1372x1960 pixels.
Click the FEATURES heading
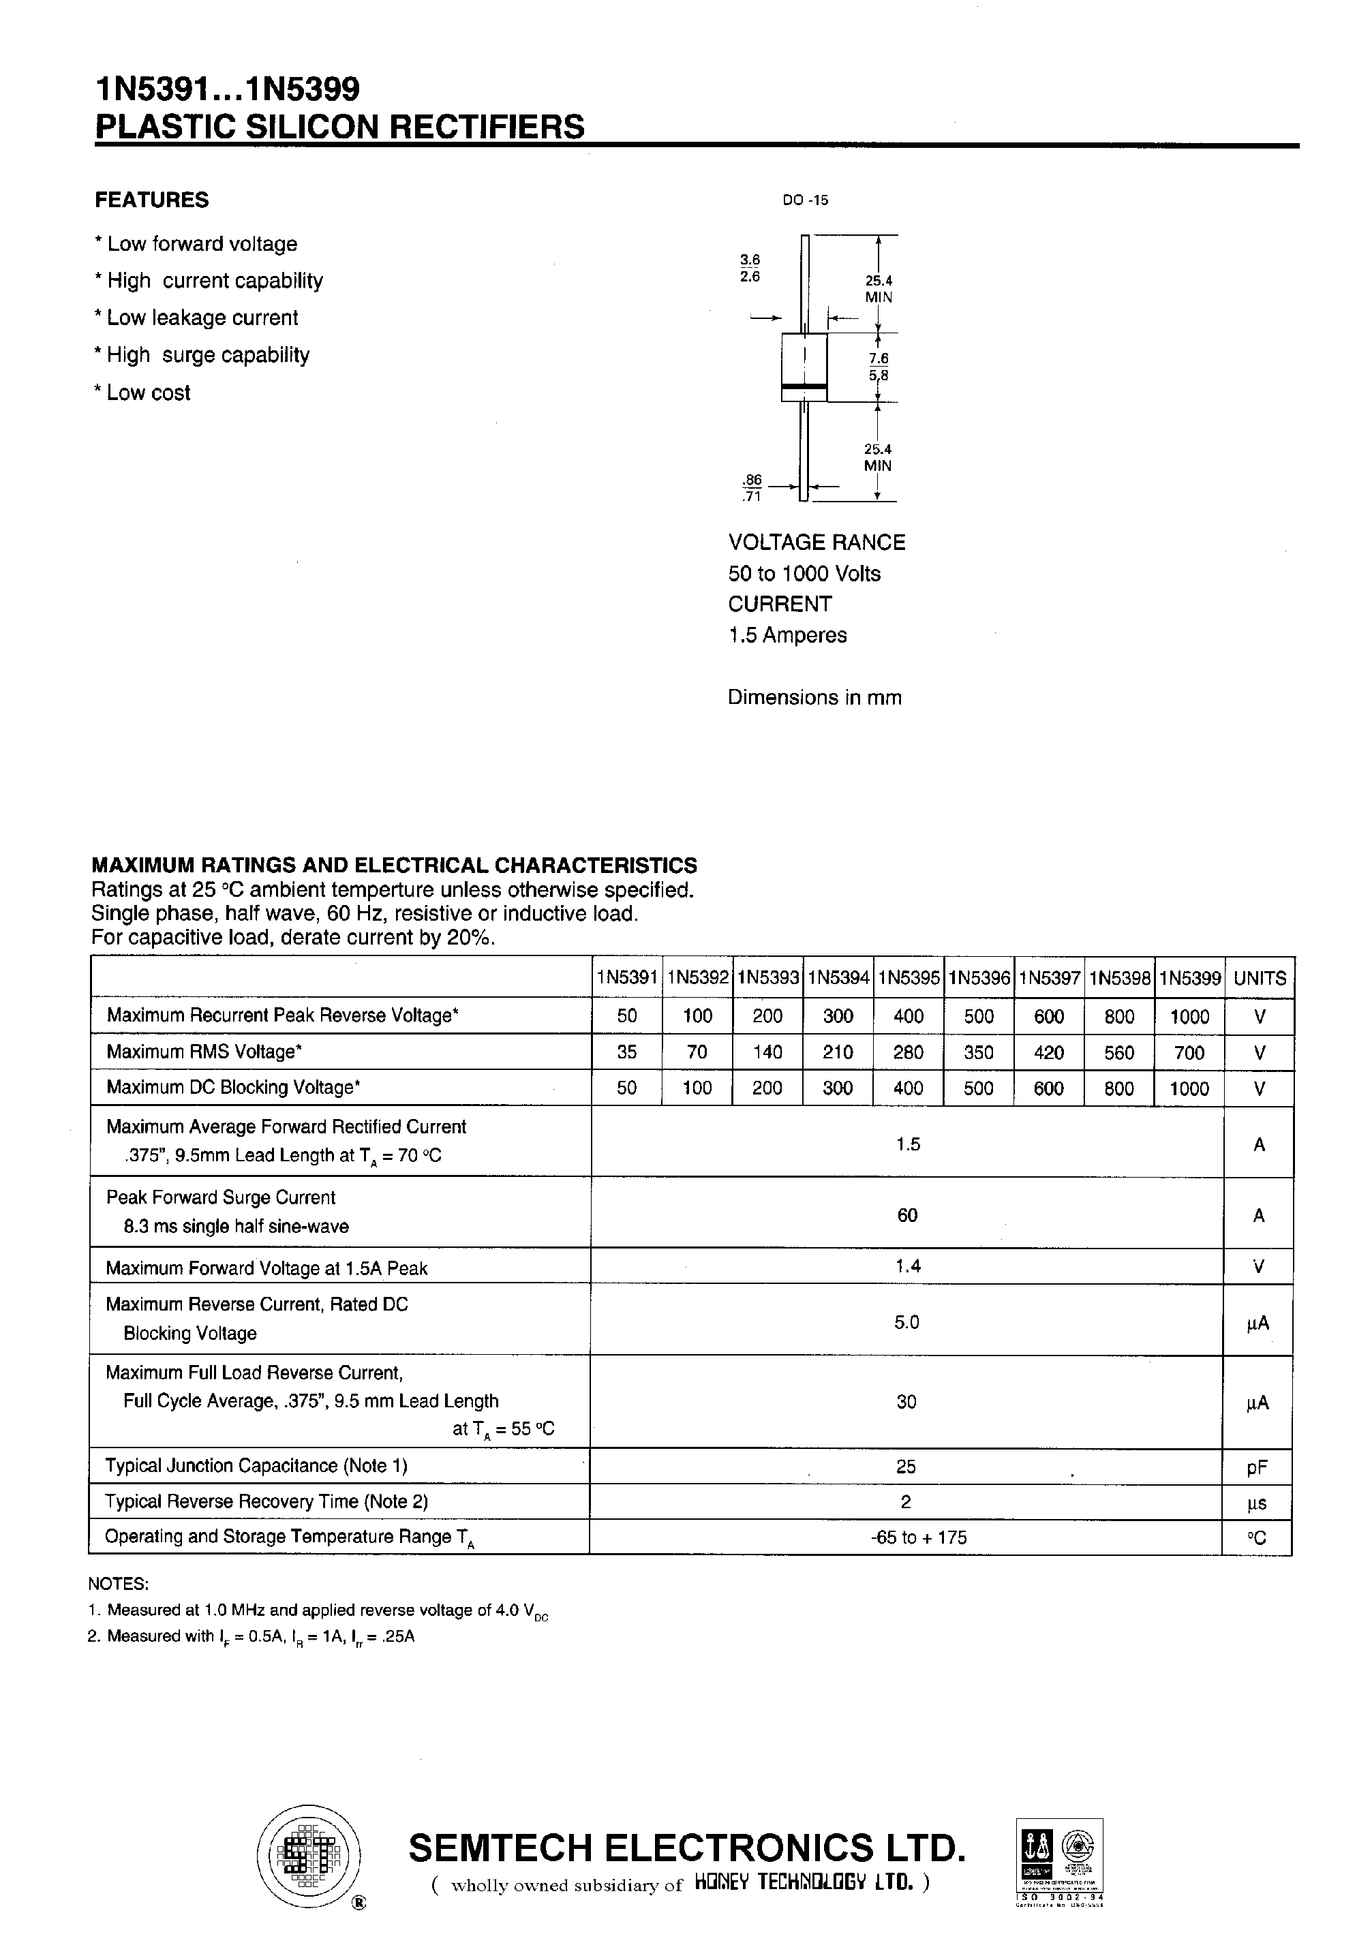[151, 200]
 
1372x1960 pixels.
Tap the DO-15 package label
[804, 200]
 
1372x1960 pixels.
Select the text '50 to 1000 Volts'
[804, 574]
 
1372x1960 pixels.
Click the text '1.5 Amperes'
[787, 635]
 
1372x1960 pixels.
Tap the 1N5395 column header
[909, 978]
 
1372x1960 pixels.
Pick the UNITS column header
[1260, 978]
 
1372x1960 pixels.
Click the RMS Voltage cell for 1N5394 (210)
[838, 1052]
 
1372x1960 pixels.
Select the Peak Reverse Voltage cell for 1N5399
[1189, 1017]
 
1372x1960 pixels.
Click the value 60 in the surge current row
[906, 1214]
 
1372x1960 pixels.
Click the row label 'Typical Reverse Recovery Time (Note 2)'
[266, 1501]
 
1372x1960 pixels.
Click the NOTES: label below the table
[118, 1584]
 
